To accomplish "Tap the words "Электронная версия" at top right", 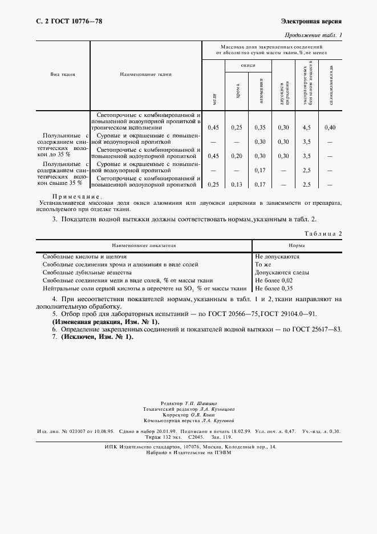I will point(311,22).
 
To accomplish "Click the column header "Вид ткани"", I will point(63,75).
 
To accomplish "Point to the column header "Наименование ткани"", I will point(145,75).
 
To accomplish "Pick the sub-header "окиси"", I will point(248,66).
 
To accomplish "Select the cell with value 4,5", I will point(306,127).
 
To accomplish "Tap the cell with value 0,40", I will point(330,127).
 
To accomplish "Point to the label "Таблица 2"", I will point(323,234).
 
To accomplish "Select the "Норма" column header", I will point(297,245).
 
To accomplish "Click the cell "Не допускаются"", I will point(277,257).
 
